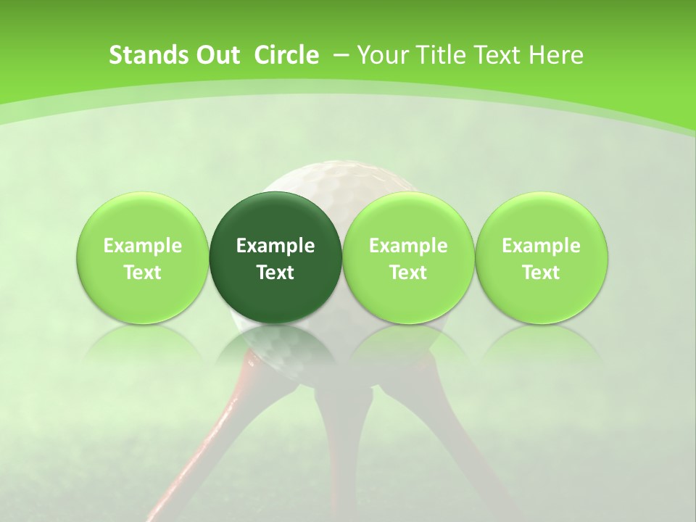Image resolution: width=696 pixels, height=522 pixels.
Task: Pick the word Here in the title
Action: pyautogui.click(x=555, y=55)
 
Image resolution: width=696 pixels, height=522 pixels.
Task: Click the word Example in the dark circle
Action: pyautogui.click(x=275, y=246)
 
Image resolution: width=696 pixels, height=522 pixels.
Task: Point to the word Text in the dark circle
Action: pyautogui.click(x=275, y=273)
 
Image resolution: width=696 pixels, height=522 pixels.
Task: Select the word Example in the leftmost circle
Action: pyautogui.click(x=143, y=246)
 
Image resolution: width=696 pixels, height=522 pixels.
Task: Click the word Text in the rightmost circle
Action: pyautogui.click(x=541, y=273)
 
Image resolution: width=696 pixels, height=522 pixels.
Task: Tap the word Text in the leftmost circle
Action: pyautogui.click(x=143, y=273)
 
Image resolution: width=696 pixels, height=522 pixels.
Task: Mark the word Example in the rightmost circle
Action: pyautogui.click(x=541, y=246)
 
